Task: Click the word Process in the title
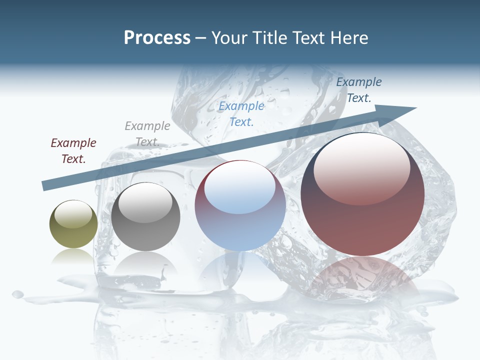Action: (x=157, y=38)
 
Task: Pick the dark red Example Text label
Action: (x=73, y=151)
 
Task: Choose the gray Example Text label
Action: (x=147, y=134)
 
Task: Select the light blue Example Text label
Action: (x=241, y=113)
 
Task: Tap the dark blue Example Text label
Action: (x=359, y=90)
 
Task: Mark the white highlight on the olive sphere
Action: (x=73, y=214)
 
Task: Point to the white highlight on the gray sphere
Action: (x=145, y=202)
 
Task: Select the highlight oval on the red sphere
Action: (x=362, y=167)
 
